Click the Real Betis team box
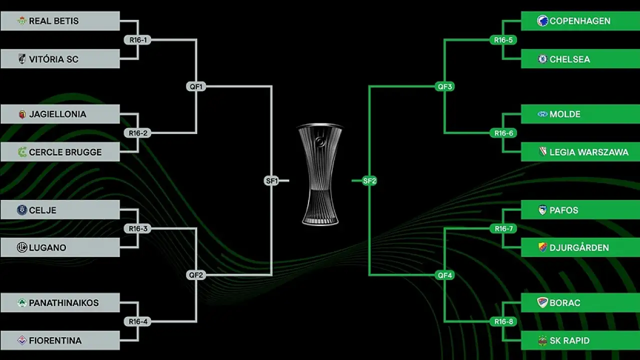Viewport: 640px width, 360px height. (x=60, y=21)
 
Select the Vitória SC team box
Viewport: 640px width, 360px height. (x=60, y=59)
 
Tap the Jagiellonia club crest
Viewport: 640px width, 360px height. (x=22, y=114)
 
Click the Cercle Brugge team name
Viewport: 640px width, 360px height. (x=65, y=152)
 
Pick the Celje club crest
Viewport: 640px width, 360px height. (x=21, y=210)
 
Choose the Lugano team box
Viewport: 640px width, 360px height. (x=60, y=247)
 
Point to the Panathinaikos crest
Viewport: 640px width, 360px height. (x=22, y=303)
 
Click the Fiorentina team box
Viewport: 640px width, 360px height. (x=60, y=340)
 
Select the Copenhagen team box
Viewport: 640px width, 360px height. (x=580, y=21)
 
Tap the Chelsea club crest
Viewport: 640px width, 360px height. (x=542, y=59)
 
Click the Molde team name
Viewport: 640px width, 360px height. (x=565, y=114)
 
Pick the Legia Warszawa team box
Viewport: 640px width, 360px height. (x=580, y=152)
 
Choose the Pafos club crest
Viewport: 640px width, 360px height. (x=542, y=210)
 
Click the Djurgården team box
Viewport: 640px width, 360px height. (x=580, y=247)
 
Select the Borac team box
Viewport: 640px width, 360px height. (x=580, y=302)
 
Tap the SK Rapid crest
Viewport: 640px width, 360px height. (x=542, y=341)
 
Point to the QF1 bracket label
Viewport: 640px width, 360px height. (x=196, y=86)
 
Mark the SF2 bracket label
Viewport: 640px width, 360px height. (x=369, y=181)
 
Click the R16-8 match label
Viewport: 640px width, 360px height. (x=503, y=321)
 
